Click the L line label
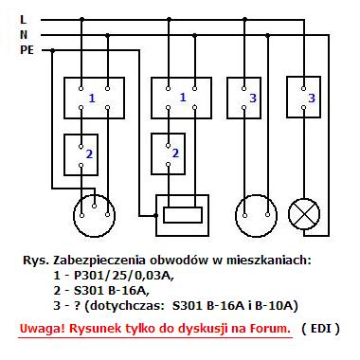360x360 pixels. (x=23, y=20)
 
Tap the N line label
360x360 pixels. (x=24, y=35)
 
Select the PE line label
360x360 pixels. (x=27, y=50)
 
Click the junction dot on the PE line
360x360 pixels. (x=52, y=50)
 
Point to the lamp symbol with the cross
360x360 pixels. (x=304, y=214)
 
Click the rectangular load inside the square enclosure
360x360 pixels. (x=183, y=215)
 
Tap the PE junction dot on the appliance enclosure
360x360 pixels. (x=155, y=215)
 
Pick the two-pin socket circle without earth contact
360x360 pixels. (x=256, y=216)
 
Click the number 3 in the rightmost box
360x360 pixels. (x=312, y=98)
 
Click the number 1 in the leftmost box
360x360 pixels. (x=92, y=99)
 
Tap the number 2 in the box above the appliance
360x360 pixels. (x=175, y=153)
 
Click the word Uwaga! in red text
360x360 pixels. (x=43, y=329)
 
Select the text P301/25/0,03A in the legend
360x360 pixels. (x=123, y=276)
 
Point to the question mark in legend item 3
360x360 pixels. (x=78, y=306)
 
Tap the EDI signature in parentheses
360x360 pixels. (x=320, y=329)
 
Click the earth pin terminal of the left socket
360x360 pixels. (x=94, y=207)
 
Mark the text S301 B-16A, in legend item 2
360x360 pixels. (x=112, y=291)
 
